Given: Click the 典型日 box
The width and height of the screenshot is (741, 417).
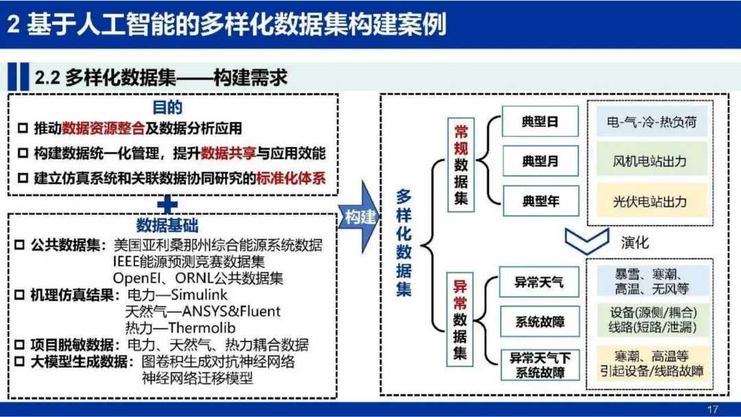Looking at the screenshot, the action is (541, 122).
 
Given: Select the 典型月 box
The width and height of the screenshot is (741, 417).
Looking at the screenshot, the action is (541, 162).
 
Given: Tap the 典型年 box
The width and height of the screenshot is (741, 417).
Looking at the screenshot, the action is (541, 202).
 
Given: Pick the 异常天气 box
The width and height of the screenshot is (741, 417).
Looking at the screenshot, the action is (541, 282).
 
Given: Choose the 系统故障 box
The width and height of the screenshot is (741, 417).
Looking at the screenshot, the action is (541, 322).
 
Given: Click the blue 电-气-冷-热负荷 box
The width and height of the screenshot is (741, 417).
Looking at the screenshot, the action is (651, 122).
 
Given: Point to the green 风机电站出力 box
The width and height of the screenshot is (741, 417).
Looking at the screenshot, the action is (651, 162).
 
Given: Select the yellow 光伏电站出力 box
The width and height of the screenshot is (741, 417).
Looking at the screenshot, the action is (651, 202).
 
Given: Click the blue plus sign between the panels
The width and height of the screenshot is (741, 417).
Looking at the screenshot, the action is (169, 204).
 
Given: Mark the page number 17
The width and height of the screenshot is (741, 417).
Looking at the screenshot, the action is (711, 409).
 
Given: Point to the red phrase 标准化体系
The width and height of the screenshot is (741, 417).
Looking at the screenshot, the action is (290, 178).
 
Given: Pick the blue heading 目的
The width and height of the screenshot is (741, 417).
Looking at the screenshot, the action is (168, 108).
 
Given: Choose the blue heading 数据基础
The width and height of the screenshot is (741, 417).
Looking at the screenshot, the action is (168, 226).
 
